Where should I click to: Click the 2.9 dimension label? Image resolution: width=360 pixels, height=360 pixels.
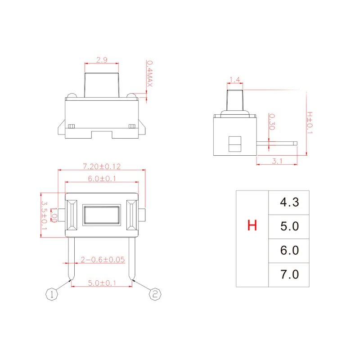click(x=102, y=60)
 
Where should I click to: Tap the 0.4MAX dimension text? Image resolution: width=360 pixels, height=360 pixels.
click(x=149, y=74)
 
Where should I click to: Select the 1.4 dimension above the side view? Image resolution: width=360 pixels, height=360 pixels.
click(x=234, y=80)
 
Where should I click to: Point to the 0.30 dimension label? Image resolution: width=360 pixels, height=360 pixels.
click(x=272, y=121)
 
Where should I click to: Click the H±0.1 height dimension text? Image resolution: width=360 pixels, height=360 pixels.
click(x=310, y=123)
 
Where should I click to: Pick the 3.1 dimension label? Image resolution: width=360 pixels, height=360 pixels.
click(x=277, y=161)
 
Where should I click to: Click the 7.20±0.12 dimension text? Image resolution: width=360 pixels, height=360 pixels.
click(x=102, y=166)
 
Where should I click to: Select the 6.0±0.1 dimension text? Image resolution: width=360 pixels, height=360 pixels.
click(x=102, y=178)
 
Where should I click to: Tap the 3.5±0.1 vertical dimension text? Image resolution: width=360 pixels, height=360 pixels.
click(x=44, y=216)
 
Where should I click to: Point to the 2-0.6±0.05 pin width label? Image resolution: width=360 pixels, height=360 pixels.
click(x=103, y=260)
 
